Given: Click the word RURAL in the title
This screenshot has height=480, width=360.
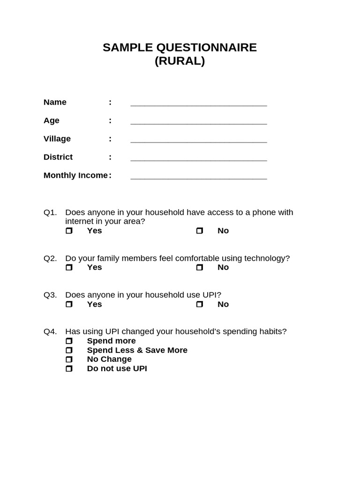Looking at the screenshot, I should (180, 61).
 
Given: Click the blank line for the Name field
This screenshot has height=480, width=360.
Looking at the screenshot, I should (198, 104).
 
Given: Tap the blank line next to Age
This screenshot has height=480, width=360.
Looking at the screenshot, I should (198, 122).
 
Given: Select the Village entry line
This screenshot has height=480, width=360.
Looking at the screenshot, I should (198, 140).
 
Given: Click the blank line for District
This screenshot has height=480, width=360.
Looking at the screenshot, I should (198, 158).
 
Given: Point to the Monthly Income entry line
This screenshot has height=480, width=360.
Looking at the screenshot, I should (198, 177).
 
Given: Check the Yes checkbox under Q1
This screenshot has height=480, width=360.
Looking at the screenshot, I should (69, 231).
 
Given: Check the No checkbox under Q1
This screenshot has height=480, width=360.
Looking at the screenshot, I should (199, 231).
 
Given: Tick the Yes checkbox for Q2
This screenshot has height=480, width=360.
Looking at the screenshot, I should (69, 267).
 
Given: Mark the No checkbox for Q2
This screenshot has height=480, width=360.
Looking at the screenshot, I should (199, 267).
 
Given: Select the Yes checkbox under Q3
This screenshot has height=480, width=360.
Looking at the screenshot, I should (69, 304).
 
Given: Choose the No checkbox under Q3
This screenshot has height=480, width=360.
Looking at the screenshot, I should (199, 304).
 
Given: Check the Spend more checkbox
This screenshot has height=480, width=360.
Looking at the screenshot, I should (69, 341).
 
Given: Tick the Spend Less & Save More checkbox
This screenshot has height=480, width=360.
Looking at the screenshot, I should (69, 350).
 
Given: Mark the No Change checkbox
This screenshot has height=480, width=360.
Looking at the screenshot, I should (69, 359).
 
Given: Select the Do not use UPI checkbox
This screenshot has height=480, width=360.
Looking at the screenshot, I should (69, 368).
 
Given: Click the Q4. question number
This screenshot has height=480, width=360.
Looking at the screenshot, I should (50, 331).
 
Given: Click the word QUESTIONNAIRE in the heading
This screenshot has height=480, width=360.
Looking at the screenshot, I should (205, 47).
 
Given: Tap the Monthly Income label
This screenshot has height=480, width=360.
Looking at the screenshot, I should (75, 175).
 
